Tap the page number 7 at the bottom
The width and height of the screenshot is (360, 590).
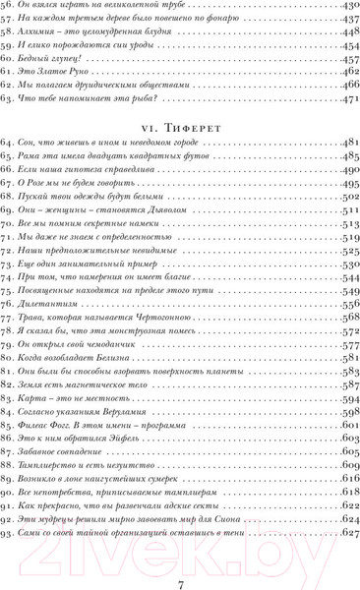click(x=181, y=560)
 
